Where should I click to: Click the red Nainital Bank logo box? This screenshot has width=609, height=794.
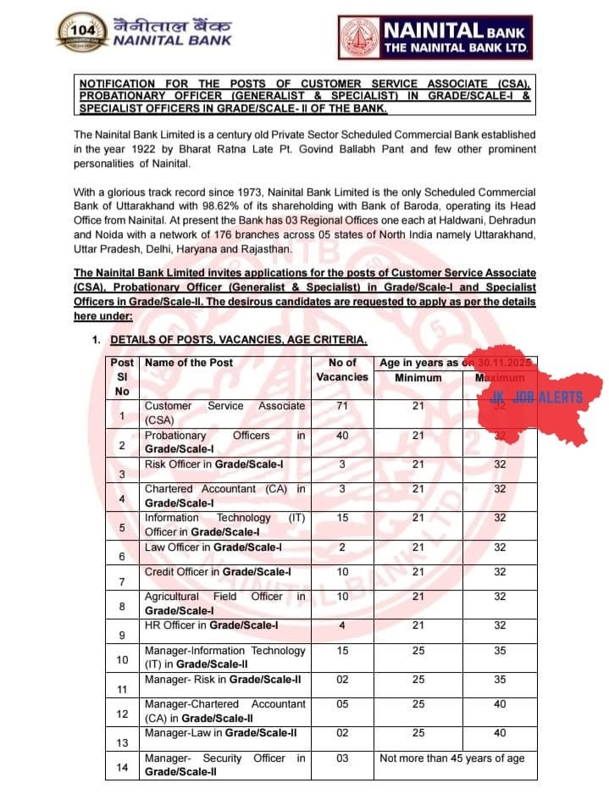point(434,38)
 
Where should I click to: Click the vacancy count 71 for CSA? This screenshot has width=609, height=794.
point(342,406)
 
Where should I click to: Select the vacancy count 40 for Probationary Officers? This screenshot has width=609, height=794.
point(342,436)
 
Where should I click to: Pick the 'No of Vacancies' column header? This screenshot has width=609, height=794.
point(342,369)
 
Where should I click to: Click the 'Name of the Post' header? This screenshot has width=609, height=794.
point(189,363)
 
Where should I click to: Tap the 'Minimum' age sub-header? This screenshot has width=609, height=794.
point(418,378)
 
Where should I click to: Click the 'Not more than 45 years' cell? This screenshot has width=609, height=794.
point(451,758)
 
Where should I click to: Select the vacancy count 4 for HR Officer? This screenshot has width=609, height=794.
point(342,625)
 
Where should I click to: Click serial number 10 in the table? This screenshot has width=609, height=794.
point(122,659)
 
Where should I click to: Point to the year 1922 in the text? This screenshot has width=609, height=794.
point(147,150)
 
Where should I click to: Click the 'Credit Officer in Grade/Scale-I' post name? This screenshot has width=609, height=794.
point(218,572)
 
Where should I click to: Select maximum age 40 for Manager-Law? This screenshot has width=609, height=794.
point(500,732)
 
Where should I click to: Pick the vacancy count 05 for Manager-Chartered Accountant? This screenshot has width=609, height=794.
point(342,703)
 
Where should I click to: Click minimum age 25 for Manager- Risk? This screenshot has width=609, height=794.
point(418,680)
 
